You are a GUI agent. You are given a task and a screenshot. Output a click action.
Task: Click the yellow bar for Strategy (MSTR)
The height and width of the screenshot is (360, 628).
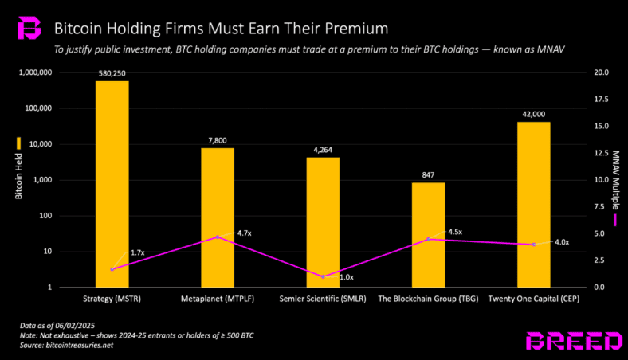(112, 184)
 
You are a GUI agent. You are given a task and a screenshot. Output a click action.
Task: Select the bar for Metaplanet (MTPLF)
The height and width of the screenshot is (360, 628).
(218, 218)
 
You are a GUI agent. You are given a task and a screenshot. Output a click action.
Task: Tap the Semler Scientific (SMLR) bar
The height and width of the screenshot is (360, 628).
(323, 222)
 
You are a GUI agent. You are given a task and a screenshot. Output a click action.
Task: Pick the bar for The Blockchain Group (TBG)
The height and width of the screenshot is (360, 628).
(428, 235)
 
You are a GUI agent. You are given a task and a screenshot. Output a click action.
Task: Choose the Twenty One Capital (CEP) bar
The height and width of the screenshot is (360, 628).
(534, 205)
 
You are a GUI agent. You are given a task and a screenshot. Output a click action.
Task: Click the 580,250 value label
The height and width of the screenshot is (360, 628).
(112, 74)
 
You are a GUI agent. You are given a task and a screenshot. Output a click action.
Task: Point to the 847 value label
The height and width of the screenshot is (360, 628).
(428, 175)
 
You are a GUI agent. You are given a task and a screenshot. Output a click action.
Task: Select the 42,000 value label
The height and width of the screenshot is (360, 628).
(534, 115)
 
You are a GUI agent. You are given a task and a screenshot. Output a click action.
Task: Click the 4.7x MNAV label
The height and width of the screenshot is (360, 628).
(245, 233)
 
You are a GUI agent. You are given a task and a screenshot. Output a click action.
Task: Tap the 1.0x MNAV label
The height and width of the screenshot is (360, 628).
(347, 277)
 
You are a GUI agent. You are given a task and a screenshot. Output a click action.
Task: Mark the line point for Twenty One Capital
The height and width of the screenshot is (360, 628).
(534, 245)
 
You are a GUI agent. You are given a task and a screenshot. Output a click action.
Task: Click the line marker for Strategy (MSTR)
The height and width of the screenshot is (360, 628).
(112, 269)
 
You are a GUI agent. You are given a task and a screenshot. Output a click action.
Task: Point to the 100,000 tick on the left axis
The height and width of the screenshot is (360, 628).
(38, 108)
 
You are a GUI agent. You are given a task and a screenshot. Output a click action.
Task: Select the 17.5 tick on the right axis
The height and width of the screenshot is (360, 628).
(601, 100)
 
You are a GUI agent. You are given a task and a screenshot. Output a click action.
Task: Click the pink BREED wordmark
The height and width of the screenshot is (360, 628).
(575, 341)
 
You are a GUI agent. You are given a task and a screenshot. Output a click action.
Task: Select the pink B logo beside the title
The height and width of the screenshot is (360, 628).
(29, 28)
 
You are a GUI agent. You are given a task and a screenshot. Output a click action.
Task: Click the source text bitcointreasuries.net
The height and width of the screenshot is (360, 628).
(80, 345)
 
